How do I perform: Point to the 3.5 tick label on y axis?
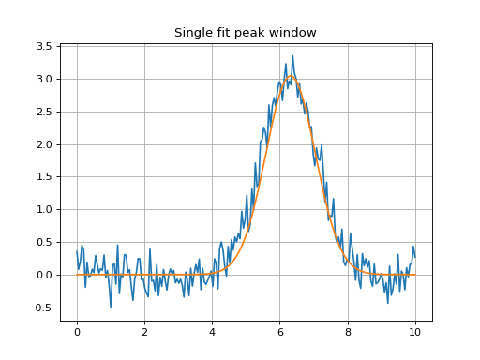click(44, 47)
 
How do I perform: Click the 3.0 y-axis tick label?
click(44, 79)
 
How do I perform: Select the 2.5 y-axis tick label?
click(44, 112)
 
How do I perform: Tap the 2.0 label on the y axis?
click(44, 144)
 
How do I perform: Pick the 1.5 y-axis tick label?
click(44, 177)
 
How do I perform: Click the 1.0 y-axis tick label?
click(44, 209)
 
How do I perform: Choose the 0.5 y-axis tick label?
click(44, 242)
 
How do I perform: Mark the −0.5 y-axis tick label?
click(39, 307)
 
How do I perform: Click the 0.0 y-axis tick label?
click(44, 275)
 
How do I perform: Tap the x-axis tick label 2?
click(144, 332)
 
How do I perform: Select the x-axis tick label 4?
click(213, 332)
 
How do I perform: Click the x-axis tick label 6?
click(280, 332)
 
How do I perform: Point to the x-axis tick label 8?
click(348, 332)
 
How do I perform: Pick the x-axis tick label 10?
click(415, 332)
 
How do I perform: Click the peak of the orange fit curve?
click(291, 76)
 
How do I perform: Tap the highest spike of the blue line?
click(292, 56)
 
